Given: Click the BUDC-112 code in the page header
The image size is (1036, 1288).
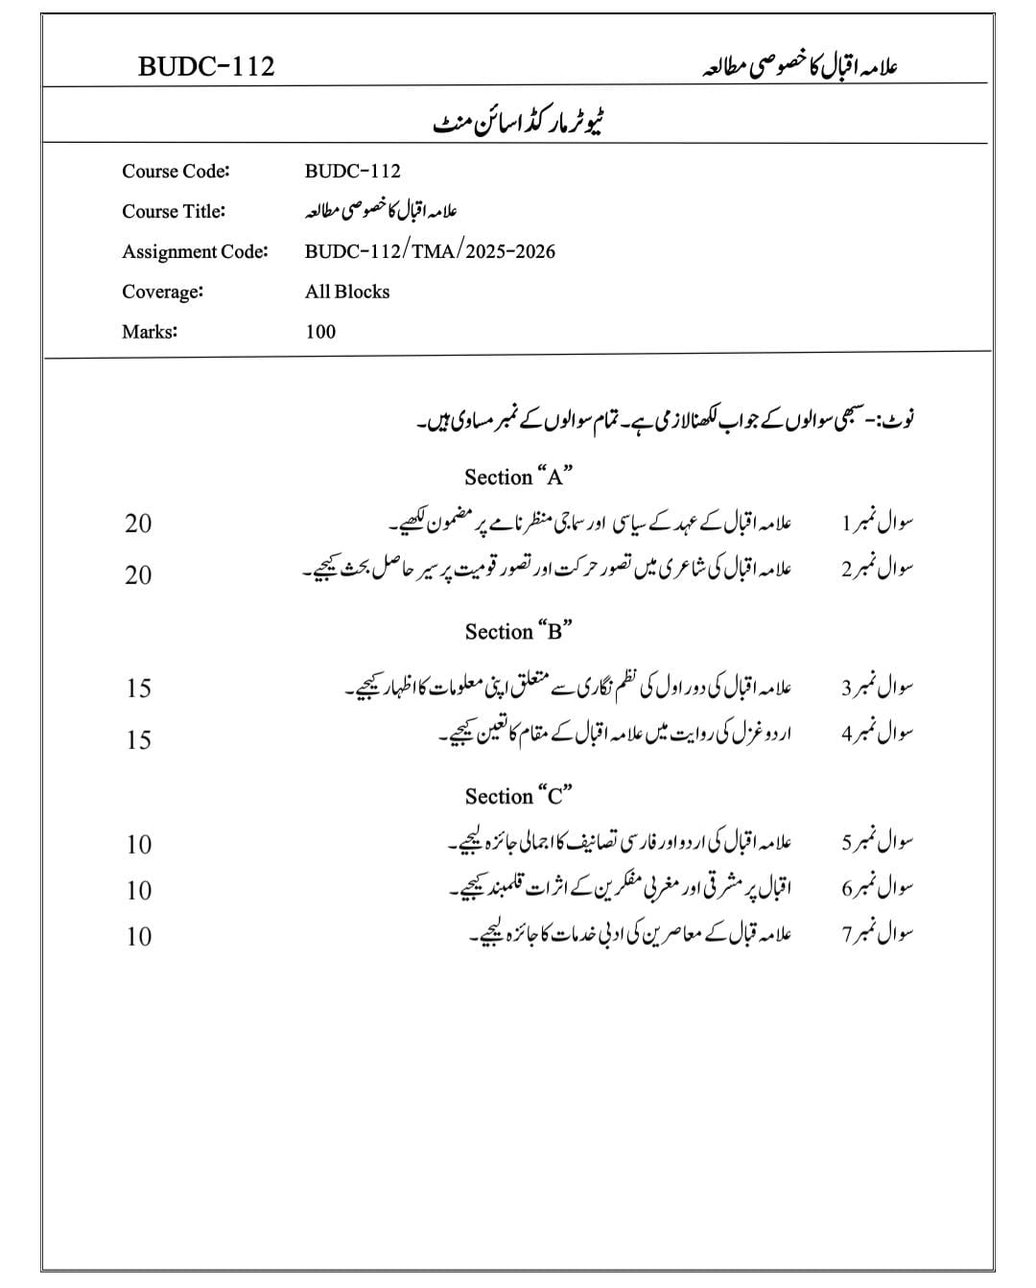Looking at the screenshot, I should point(206,66).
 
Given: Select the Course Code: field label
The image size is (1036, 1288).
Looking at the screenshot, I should point(176,172).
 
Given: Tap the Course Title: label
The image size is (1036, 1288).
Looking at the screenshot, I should point(174,211).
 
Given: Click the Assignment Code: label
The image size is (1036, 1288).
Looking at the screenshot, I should point(195,251).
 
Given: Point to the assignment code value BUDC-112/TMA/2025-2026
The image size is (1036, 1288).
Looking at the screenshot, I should point(430,251).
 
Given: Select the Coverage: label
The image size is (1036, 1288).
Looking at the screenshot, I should point(162,292).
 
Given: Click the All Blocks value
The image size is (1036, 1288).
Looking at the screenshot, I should point(347,292).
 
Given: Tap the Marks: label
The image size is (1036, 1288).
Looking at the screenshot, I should point(150,332).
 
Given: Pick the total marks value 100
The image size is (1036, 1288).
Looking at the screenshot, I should point(320,332).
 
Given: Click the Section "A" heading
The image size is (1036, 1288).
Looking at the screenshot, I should point(518,477).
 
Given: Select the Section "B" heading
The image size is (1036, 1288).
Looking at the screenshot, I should point(518,631).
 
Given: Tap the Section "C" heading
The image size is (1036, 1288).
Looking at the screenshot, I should point(518,796).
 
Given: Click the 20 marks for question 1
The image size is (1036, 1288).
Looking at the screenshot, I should point(138,524).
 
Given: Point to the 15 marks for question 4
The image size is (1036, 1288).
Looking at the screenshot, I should point(138,740).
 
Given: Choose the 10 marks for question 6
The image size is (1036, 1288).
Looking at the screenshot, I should point(138,891).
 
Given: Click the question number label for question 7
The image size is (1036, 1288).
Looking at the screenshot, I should point(877,935).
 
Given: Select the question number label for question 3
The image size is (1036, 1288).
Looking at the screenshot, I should point(877,688).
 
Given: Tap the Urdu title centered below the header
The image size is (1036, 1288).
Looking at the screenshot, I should point(519,125).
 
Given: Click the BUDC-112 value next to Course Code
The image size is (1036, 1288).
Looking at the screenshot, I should point(352,172).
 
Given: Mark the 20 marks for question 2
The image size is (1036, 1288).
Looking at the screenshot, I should point(138,575).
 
